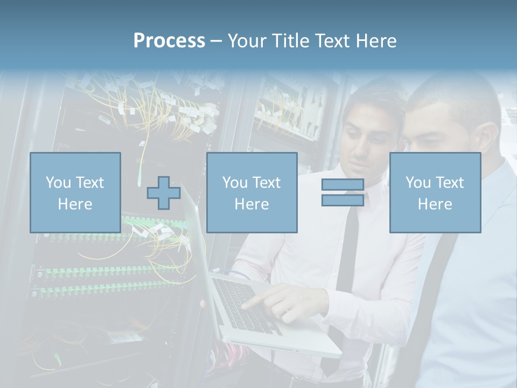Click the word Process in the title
[x=169, y=41]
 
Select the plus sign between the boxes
[x=164, y=193]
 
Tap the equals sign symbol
[x=343, y=192]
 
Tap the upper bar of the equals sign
[x=343, y=185]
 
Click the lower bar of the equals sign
[x=343, y=200]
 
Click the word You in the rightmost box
[x=418, y=183]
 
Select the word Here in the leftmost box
[x=75, y=204]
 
